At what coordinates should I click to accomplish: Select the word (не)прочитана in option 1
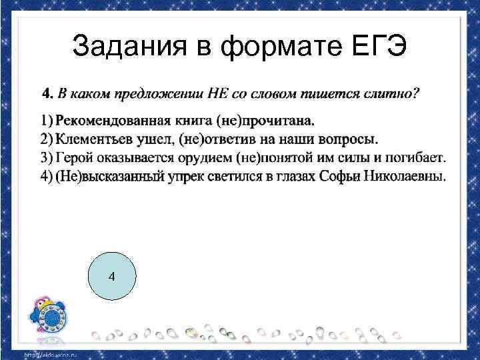pyautogui.click(x=275, y=121)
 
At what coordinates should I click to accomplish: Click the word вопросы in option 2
pyautogui.click(x=348, y=139)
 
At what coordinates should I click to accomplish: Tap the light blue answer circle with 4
pyautogui.click(x=111, y=276)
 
